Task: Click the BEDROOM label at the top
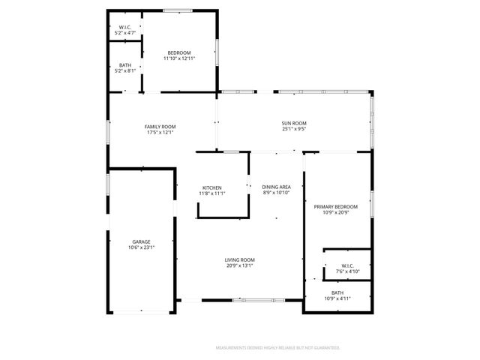coord(179,52)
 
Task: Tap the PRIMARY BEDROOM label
coord(335,206)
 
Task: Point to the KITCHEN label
coord(211,187)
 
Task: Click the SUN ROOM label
coord(294,123)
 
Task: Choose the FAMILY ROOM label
coord(160,126)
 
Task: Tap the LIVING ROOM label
coord(240,259)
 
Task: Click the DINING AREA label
coord(276,186)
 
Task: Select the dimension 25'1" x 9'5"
coord(294,129)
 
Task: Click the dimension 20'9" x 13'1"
coord(240,265)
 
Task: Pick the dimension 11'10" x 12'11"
coord(179,58)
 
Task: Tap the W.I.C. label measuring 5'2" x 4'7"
coord(124,28)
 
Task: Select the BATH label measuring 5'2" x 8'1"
coord(125,65)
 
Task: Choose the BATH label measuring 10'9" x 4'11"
coord(337,292)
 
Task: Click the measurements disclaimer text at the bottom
coord(277,348)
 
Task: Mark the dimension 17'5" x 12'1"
coord(160,132)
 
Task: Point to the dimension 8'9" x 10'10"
coord(276,192)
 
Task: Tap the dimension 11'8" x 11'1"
coord(211,193)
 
